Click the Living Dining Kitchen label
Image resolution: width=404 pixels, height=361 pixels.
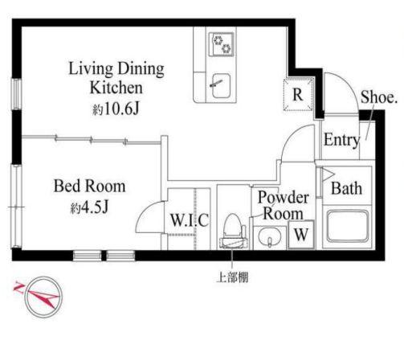tap(116, 78)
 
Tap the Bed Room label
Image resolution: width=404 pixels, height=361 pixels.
tap(89, 187)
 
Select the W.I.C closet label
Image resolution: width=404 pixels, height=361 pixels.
tap(189, 220)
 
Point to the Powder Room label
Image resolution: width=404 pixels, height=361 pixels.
tap(280, 207)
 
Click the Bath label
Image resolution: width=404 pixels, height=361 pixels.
tap(347, 189)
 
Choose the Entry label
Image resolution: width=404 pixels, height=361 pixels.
tap(340, 141)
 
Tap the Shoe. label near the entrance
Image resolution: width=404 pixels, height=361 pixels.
tap(378, 97)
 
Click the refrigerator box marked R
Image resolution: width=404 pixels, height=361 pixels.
tap(297, 95)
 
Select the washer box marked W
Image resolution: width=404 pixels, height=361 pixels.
tap(300, 236)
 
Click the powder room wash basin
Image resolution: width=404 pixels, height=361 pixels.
tap(268, 236)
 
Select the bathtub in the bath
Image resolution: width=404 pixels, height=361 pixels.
tap(347, 229)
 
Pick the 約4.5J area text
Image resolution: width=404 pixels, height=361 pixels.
tap(89, 209)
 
